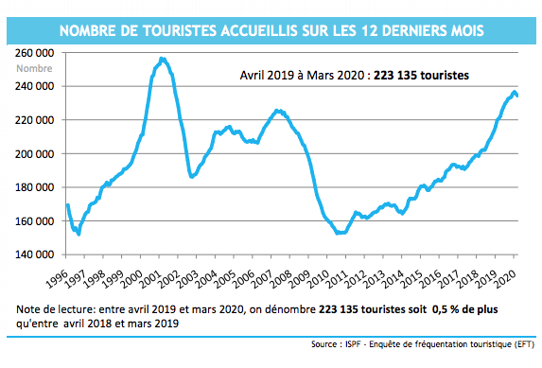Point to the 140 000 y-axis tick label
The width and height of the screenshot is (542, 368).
click(x=34, y=254)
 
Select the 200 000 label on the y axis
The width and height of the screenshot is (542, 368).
click(x=34, y=153)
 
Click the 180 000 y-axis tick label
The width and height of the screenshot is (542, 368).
click(x=34, y=187)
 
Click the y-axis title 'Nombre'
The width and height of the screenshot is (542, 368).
click(x=34, y=67)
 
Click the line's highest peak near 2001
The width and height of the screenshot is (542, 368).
click(x=162, y=59)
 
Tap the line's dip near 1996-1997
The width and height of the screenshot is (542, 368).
click(x=78, y=233)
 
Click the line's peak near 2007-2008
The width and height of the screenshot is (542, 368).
click(x=277, y=111)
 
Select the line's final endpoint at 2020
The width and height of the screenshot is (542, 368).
click(x=517, y=96)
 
